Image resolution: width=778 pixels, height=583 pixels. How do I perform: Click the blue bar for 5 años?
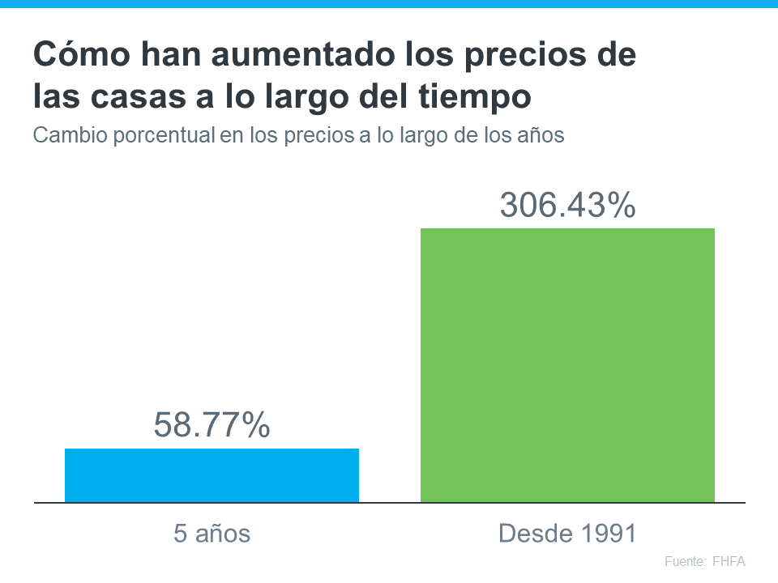point(212,475)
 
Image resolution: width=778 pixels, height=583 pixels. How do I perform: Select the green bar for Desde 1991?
point(567,364)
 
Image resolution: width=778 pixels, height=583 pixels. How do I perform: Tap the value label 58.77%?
point(212,425)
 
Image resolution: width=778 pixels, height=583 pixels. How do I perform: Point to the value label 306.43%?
point(567,205)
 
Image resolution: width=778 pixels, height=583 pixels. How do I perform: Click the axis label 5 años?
point(212,534)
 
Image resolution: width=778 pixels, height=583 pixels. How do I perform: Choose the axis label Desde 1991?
point(567,534)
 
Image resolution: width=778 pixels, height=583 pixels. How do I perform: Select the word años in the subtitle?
point(540,135)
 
